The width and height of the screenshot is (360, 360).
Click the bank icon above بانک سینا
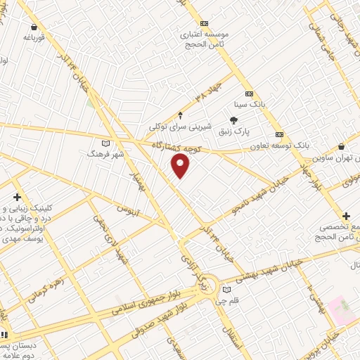(x=249, y=93)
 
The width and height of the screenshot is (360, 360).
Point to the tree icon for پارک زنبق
(x=233, y=120)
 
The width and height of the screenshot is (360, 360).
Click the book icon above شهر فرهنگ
(x=106, y=143)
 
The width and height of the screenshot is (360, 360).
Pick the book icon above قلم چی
(x=226, y=289)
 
